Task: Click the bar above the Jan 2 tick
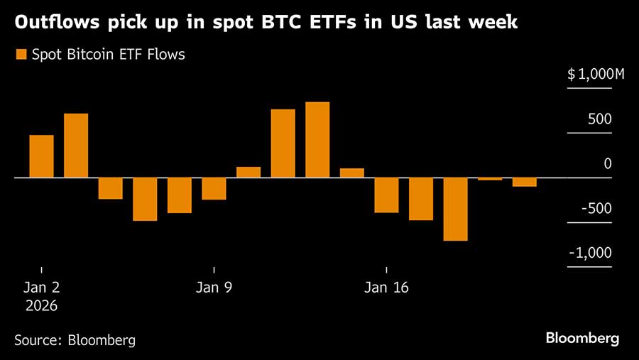point(41,156)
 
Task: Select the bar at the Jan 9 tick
point(214,188)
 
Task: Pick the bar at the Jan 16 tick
point(386,195)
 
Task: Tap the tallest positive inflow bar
point(317,140)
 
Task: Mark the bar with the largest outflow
point(455,209)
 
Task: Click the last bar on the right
point(524,182)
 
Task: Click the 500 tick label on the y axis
point(599,119)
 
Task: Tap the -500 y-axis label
point(597,209)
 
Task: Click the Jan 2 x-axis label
point(41,288)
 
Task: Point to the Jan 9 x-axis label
point(214,288)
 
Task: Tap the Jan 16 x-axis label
point(386,288)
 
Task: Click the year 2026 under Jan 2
point(41,306)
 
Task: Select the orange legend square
point(21,54)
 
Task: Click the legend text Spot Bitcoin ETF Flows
point(108,55)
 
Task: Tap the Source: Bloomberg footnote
point(75,340)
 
